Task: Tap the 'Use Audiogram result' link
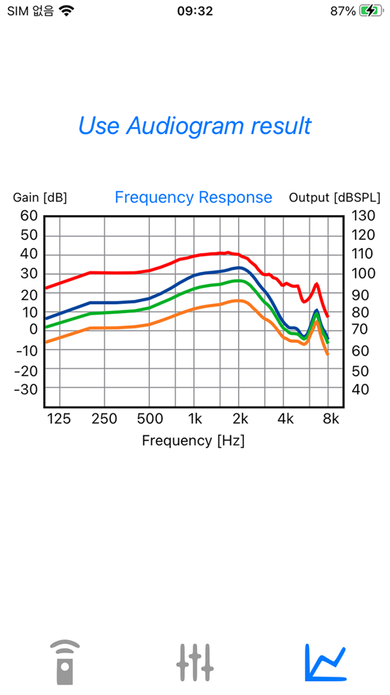pyautogui.click(x=194, y=126)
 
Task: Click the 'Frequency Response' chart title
pyautogui.click(x=194, y=198)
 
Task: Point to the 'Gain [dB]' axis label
pyautogui.click(x=40, y=198)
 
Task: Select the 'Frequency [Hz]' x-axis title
pyautogui.click(x=193, y=440)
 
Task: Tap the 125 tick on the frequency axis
pyautogui.click(x=58, y=419)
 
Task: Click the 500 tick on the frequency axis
pyautogui.click(x=150, y=419)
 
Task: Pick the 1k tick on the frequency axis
pyautogui.click(x=195, y=419)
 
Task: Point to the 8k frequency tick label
pyautogui.click(x=331, y=419)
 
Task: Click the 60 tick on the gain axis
pyautogui.click(x=28, y=216)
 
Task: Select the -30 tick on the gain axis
pyautogui.click(x=26, y=390)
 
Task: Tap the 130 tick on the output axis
pyautogui.click(x=363, y=216)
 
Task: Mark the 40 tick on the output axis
pyautogui.click(x=360, y=390)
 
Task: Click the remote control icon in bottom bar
pyautogui.click(x=65, y=662)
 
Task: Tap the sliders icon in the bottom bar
pyautogui.click(x=195, y=662)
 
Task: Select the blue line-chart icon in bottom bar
pyautogui.click(x=325, y=662)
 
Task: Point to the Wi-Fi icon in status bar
pyautogui.click(x=67, y=11)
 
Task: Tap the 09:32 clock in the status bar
pyautogui.click(x=195, y=11)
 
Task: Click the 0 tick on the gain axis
pyautogui.click(x=33, y=329)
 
